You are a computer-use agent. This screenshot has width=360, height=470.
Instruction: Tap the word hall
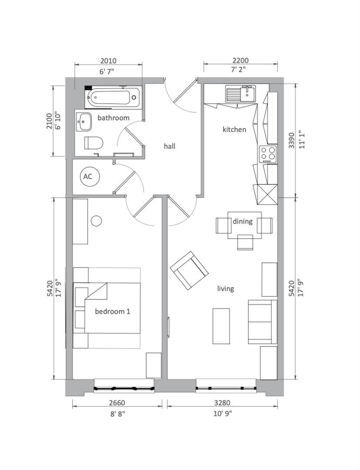pos(170,146)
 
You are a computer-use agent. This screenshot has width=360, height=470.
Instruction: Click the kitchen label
pos(234,130)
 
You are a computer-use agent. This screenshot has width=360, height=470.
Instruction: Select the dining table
pos(244,225)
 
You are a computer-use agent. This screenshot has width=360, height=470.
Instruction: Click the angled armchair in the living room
pos(189,270)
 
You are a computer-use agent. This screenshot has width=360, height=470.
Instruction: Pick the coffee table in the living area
pos(221,326)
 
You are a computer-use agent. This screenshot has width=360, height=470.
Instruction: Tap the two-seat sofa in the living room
pos(262,322)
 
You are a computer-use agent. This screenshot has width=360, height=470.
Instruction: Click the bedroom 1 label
pos(113,312)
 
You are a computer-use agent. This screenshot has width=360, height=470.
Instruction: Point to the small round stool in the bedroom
pos(97,221)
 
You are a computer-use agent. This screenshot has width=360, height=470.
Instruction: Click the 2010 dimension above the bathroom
pos(108,61)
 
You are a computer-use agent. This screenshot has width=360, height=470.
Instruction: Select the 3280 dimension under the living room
pos(222,403)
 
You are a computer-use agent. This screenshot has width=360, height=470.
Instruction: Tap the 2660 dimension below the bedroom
pos(117,403)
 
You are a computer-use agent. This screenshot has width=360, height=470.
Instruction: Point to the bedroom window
pos(124,389)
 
